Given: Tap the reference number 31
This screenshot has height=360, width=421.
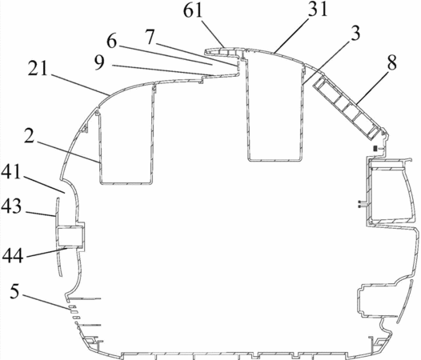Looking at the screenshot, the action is (x=319, y=10).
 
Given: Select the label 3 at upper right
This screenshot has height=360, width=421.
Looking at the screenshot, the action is (x=355, y=34).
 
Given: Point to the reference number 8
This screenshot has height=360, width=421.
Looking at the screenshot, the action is (x=391, y=63).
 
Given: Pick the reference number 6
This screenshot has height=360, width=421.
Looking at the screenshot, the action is (x=111, y=42).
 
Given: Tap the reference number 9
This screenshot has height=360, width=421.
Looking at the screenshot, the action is (x=99, y=63).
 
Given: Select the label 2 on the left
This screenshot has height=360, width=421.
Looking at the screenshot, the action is (x=29, y=135).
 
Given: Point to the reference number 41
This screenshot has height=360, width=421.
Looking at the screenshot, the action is (x=11, y=171).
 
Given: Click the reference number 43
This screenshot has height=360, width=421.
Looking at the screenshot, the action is (x=11, y=206).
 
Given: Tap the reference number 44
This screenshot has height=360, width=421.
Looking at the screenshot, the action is (x=13, y=255).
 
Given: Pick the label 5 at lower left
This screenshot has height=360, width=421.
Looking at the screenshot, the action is (x=14, y=291).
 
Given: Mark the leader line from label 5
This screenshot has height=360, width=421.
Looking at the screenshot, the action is (x=47, y=302).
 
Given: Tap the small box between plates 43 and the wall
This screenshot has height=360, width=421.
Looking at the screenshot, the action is (x=70, y=237).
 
